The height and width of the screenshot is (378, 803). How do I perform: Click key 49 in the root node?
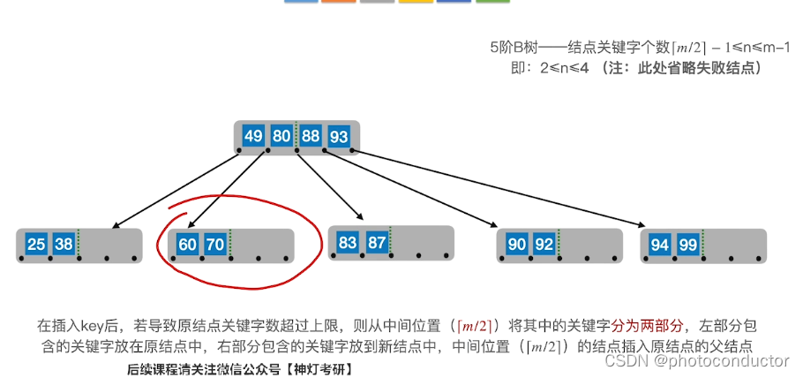point(254,137)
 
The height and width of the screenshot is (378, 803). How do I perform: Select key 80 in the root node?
point(281,137)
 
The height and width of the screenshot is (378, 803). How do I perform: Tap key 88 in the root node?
point(311,137)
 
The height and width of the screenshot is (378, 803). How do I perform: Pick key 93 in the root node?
point(338,137)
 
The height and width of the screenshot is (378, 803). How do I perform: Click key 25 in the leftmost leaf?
point(36,244)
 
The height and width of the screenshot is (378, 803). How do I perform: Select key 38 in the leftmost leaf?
point(64,244)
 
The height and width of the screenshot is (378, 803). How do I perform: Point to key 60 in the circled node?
point(188,244)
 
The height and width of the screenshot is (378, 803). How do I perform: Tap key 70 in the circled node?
point(215,244)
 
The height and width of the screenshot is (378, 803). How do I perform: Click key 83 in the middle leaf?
point(348,241)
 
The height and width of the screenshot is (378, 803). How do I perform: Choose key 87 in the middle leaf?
point(376,241)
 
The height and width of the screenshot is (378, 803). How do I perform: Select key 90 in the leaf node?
point(516,244)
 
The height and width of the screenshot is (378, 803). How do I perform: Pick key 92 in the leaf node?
point(544,244)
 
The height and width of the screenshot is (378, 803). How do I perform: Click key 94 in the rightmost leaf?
point(660,244)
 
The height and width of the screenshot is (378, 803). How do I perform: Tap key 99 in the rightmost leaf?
point(687,244)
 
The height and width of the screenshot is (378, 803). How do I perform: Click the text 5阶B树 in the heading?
point(513,48)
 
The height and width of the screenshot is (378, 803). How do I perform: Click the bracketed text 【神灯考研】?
point(319,369)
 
